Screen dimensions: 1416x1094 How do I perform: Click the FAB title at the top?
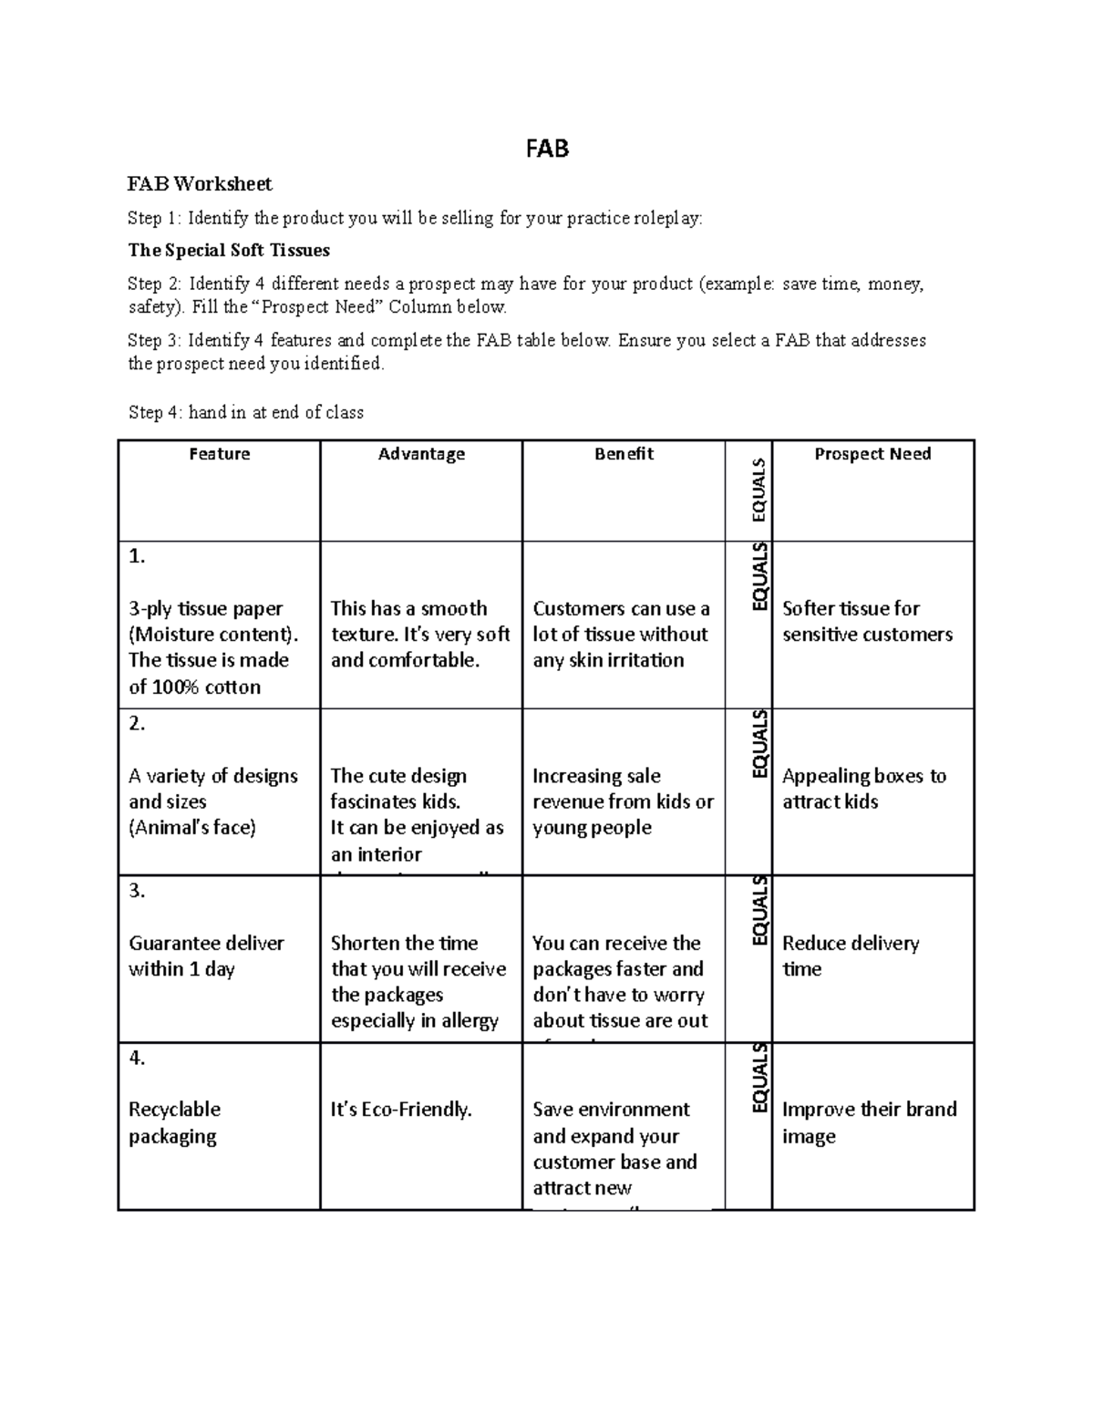(547, 149)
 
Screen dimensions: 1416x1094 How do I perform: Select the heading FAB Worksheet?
(200, 184)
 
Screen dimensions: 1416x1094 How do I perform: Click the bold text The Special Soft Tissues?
(229, 250)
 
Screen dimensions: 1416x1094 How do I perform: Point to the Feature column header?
(220, 454)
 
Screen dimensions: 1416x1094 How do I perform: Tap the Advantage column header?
(421, 454)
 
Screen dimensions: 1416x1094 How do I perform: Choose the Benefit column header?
(624, 454)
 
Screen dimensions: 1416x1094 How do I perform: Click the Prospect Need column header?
(872, 454)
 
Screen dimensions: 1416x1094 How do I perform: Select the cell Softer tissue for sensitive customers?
(867, 621)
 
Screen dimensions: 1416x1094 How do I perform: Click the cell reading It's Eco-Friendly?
(401, 1110)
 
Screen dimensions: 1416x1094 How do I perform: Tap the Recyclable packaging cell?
(174, 1122)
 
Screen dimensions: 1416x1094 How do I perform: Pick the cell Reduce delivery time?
(850, 956)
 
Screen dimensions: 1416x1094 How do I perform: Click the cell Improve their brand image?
(869, 1122)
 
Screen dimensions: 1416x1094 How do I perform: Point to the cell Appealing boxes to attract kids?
(863, 789)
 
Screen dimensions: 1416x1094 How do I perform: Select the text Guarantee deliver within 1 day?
(206, 956)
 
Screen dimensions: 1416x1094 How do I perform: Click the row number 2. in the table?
(138, 724)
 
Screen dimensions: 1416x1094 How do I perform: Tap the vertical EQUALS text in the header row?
(759, 491)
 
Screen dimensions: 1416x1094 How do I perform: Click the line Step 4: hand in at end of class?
(246, 412)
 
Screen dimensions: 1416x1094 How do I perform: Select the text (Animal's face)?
(192, 828)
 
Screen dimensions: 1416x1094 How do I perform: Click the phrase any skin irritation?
(608, 660)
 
